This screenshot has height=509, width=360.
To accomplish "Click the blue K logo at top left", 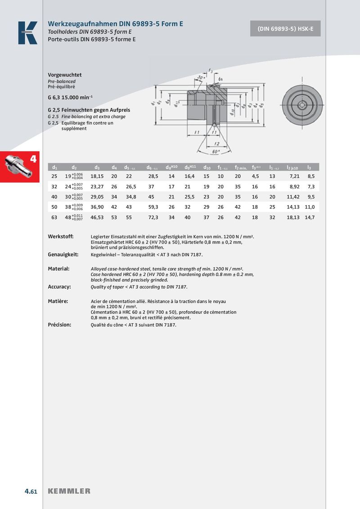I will [x=27, y=33].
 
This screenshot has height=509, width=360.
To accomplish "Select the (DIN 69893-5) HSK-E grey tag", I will [x=285, y=29].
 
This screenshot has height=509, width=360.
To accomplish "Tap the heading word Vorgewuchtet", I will [x=65, y=75].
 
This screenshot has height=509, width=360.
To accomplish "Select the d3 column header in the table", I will [x=97, y=168].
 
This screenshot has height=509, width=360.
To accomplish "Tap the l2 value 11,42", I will [x=293, y=197].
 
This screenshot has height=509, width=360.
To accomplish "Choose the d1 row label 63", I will [x=54, y=217].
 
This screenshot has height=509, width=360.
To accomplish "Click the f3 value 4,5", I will [x=255, y=176].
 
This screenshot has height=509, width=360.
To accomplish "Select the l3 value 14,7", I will [x=309, y=217].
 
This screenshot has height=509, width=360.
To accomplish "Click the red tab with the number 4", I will [x=20, y=167].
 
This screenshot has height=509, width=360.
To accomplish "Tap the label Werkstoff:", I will [x=60, y=237].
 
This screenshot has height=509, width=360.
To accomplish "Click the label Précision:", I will [x=59, y=324].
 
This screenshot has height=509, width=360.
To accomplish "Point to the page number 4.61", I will [x=31, y=491].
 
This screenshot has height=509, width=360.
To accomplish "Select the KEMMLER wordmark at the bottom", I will [x=69, y=491].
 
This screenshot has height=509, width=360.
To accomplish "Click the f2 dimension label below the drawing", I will [x=217, y=143].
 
